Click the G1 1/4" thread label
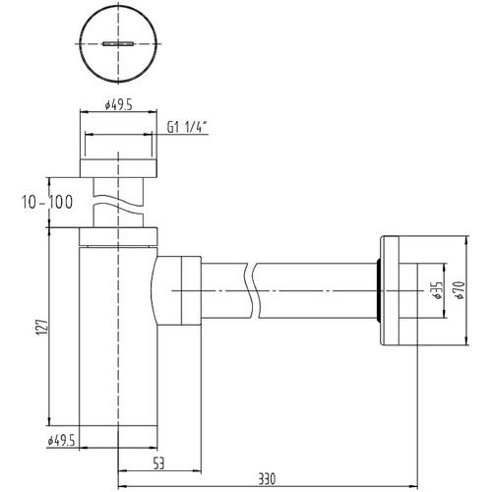[188, 127]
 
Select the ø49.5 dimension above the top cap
[118, 105]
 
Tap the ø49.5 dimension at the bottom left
[61, 441]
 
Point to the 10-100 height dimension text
[47, 202]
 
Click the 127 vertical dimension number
[42, 327]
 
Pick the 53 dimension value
[158, 463]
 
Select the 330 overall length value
[267, 479]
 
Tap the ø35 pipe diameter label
[437, 290]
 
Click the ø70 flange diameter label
[460, 290]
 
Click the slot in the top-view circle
[118, 43]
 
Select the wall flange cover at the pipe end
[390, 290]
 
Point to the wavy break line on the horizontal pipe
[252, 290]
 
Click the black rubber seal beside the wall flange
[378, 290]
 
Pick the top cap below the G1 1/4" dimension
[118, 168]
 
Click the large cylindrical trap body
[118, 337]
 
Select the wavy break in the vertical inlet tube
[118, 203]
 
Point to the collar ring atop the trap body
[118, 236]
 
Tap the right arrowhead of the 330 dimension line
[414, 486]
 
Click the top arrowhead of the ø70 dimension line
[466, 240]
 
